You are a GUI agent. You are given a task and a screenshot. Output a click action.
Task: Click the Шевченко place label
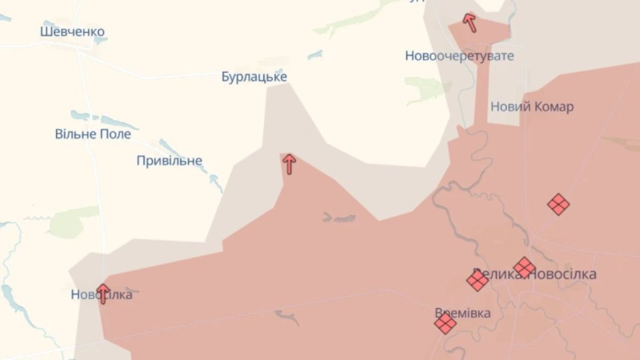72,31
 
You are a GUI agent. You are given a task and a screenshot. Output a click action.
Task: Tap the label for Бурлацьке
254,77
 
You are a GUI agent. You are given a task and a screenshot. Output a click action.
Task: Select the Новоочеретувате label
459,56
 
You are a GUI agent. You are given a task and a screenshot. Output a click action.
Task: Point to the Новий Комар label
531,107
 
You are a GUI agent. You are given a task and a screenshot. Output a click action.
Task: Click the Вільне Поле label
93,134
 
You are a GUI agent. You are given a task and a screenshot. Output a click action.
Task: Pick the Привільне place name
169,161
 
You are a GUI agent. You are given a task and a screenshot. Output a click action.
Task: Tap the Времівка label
463,313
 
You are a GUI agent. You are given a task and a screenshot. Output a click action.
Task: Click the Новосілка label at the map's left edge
101,295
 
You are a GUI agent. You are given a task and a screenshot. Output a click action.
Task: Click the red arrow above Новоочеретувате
470,23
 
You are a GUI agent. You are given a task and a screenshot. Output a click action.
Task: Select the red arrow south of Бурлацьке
289,163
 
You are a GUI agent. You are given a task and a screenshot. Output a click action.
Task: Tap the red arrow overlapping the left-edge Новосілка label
103,293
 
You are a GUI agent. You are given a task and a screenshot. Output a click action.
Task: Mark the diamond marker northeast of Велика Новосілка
558,204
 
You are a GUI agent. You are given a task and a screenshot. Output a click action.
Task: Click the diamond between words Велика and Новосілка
524,267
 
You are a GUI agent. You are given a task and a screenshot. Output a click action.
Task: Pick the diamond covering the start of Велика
477,280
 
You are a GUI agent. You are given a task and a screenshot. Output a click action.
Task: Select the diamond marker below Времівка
445,324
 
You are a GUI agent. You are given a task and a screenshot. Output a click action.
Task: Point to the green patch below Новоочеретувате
427,88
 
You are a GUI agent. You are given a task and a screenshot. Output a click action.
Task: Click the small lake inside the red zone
339,218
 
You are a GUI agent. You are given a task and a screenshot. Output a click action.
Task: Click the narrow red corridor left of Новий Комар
481,93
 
